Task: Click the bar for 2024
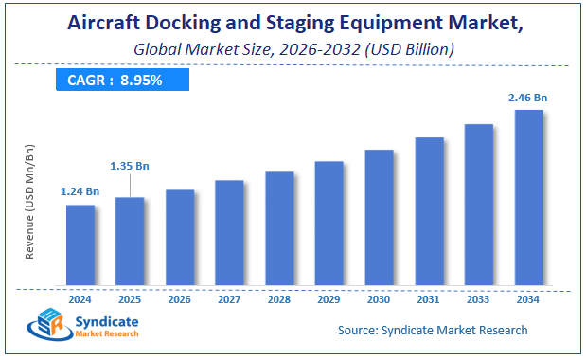80,244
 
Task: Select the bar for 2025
130,241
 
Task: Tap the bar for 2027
229,232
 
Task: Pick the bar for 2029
329,223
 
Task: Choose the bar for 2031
429,210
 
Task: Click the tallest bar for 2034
528,197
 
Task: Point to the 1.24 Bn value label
80,191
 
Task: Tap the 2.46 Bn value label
528,97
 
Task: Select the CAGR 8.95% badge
115,80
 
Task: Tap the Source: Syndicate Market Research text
433,331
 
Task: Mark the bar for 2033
478,204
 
